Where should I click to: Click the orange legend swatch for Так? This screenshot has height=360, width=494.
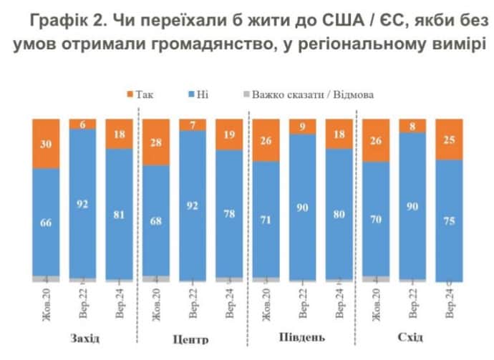click(130, 94)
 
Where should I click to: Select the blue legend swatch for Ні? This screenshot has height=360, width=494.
click(193, 94)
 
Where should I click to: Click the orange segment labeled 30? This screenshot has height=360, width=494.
click(45, 143)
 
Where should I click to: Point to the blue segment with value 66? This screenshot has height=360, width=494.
click(45, 222)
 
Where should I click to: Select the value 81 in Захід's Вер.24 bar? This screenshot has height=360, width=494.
click(120, 213)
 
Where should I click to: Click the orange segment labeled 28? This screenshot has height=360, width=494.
click(157, 142)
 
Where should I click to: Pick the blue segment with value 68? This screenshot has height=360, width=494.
click(157, 220)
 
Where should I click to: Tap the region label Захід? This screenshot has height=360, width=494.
click(84, 338)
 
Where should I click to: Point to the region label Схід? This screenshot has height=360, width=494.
click(413, 337)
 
